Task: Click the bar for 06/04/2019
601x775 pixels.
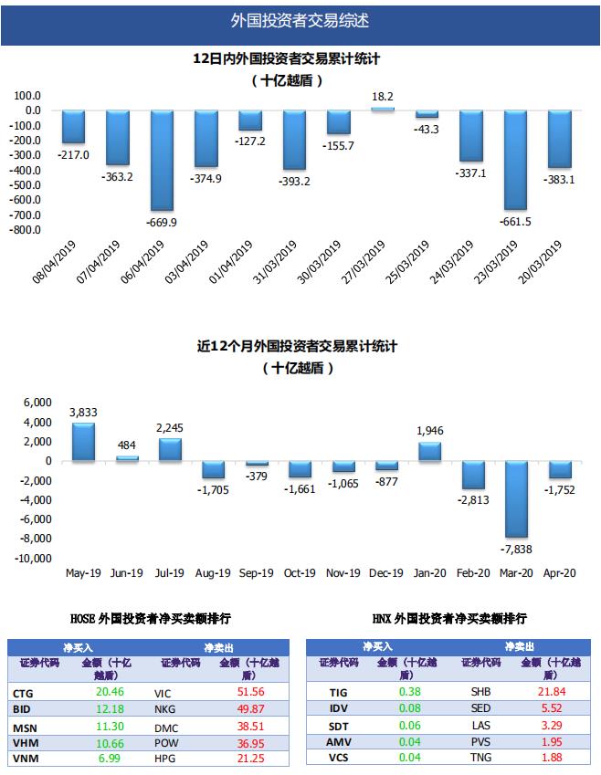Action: click(162, 160)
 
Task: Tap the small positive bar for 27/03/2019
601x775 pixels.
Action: click(383, 109)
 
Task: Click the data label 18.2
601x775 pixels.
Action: click(383, 96)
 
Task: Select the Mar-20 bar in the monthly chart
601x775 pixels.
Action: click(516, 499)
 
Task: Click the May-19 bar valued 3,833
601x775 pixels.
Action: click(83, 442)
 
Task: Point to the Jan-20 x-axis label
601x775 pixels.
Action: click(429, 573)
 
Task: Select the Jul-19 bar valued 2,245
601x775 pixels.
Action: click(170, 449)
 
